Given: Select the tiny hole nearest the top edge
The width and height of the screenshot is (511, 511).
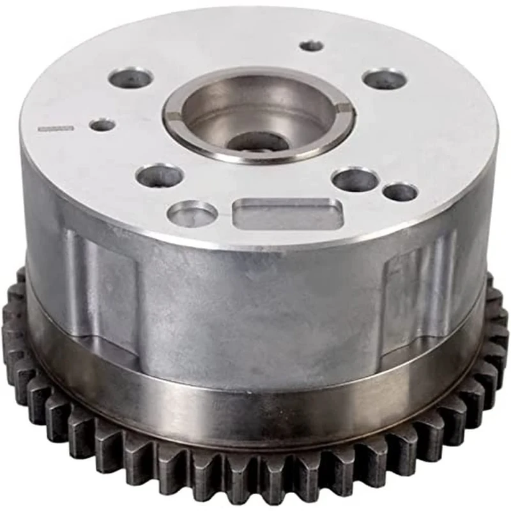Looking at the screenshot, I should (312, 45).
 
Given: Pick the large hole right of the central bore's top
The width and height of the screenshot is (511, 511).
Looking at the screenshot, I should (385, 79).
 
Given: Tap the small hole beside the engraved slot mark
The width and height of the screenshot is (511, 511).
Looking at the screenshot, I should (102, 125).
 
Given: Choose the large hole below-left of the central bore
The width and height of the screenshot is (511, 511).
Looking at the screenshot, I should (160, 175).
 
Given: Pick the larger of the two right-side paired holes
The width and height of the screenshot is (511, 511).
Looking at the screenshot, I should (356, 179).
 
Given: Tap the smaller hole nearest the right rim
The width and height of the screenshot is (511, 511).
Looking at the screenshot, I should (401, 191).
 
